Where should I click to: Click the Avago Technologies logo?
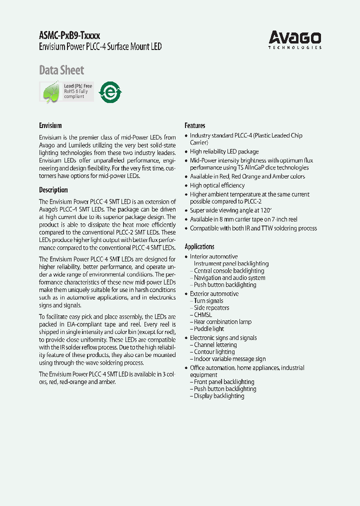(295, 39)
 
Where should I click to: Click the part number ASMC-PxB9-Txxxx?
(69, 36)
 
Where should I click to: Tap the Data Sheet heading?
(61, 70)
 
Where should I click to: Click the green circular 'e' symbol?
(109, 92)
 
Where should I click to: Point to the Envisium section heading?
(50, 125)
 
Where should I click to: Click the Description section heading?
(53, 190)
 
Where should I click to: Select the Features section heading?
(195, 125)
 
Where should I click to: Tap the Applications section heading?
(199, 246)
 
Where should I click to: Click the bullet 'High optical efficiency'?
(217, 185)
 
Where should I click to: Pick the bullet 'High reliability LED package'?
(224, 151)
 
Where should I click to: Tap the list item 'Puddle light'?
(209, 329)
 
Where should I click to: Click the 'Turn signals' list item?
(208, 301)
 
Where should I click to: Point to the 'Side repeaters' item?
(211, 308)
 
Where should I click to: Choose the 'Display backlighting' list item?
(219, 396)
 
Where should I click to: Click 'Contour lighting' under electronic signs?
(214, 352)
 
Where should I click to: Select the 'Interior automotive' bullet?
(214, 256)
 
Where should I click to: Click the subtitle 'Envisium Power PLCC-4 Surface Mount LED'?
(100, 47)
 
